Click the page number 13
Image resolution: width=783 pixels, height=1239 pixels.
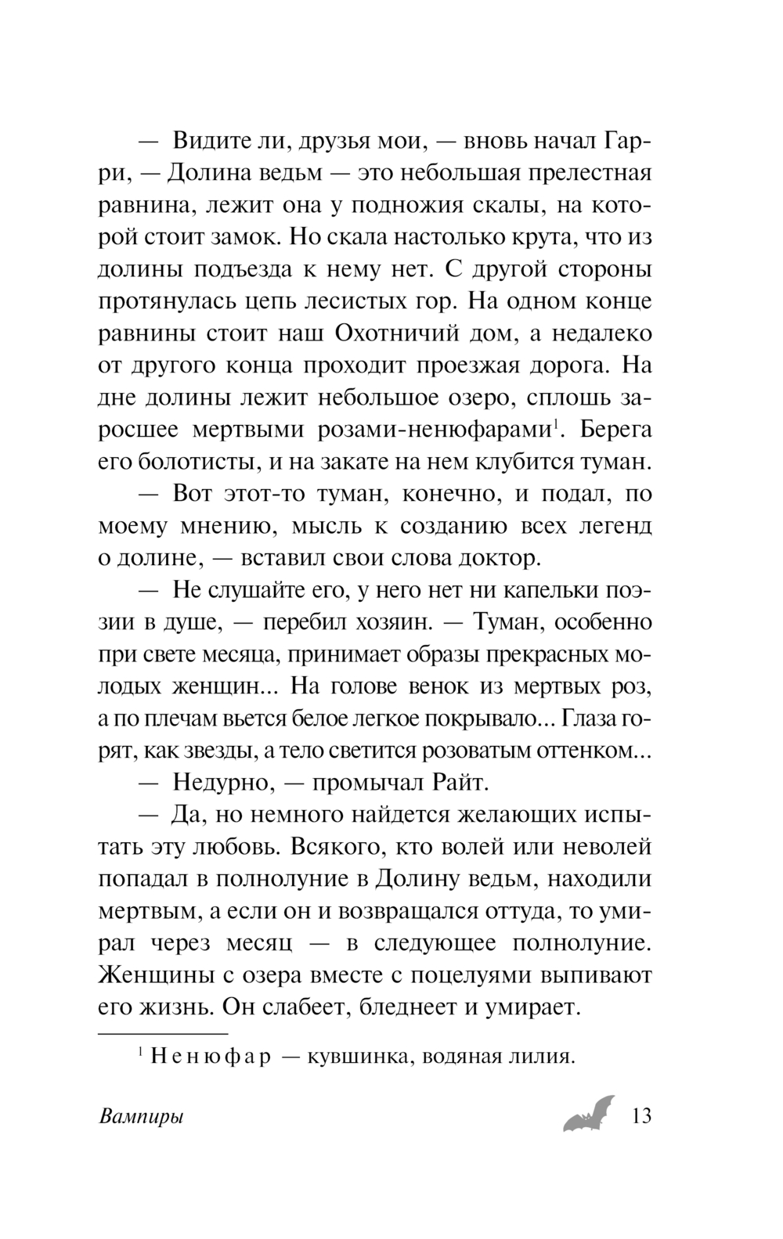pos(640,1115)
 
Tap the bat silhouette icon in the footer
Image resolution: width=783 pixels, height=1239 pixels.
pos(589,1113)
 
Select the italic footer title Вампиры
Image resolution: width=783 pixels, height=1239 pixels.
pos(142,1117)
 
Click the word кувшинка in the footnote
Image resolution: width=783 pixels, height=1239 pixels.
pos(355,1057)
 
